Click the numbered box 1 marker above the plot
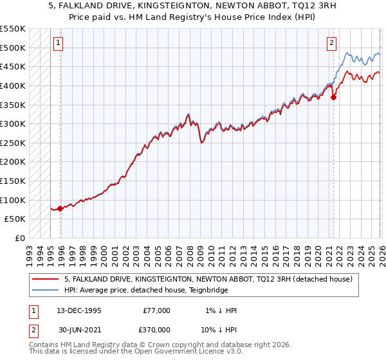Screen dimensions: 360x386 pos(58,44)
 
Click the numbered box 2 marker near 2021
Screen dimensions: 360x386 pos(331,44)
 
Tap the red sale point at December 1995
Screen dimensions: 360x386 pos(60,208)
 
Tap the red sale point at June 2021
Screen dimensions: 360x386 pos(333,98)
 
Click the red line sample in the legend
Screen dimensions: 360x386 pos(45,280)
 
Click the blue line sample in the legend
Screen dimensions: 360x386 pos(45,290)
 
